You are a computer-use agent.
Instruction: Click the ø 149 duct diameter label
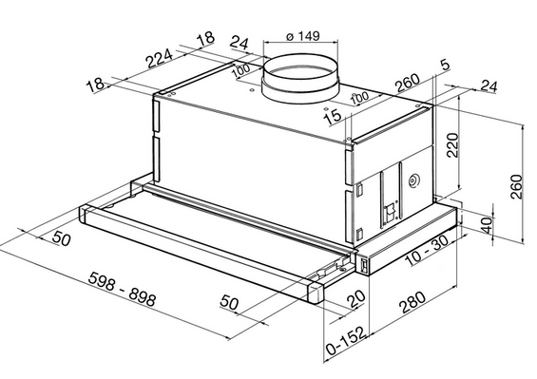pos(303,35)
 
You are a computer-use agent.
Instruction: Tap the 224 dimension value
pos(160,58)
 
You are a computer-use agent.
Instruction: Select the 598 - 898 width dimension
pos(122,289)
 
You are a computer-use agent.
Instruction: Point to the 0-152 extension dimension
pos(347,341)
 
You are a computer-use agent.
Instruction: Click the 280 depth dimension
pos(412,302)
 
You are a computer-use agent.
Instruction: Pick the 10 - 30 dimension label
pos(427,251)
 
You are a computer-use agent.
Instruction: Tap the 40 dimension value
pos(487,224)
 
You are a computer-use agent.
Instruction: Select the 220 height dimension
pos(452,144)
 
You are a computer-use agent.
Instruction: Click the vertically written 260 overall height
pos(516,186)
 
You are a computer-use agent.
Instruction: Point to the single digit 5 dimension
pos(445,65)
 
